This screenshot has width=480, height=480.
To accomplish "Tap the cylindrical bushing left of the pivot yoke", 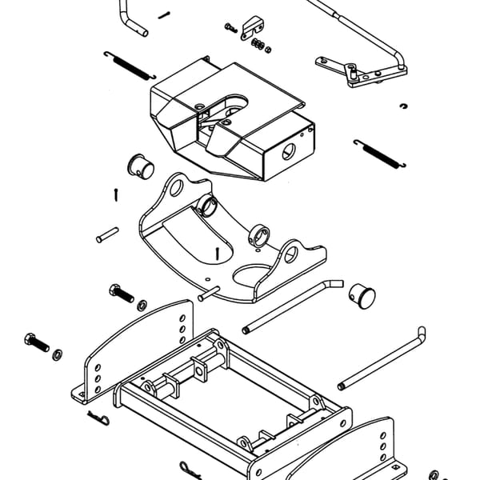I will pos(141,166).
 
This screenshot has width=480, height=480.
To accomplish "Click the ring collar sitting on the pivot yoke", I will pos(258,234).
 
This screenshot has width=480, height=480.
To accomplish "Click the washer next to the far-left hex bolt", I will pos(58,353).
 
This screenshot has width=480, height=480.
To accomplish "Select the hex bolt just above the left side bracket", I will pos(120,292).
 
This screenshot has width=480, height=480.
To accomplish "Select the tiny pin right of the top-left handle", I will pos(164,14).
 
